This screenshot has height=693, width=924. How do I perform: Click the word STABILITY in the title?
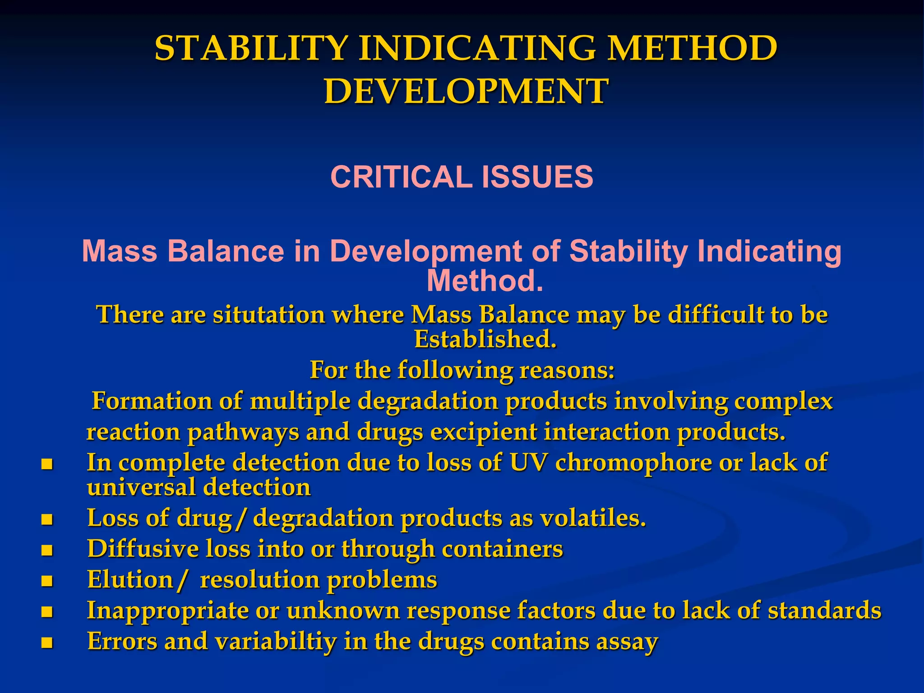point(251,48)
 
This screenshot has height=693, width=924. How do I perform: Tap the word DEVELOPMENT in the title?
point(466,92)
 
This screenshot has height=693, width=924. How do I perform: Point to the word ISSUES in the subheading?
point(537,177)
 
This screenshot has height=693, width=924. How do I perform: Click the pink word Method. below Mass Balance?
point(485,281)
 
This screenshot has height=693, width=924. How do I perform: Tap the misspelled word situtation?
point(269,314)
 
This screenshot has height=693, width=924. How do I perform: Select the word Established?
point(485,339)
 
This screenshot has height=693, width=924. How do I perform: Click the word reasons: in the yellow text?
point(567,370)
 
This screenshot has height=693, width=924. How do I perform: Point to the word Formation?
point(152,401)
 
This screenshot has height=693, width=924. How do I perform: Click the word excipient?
point(483,432)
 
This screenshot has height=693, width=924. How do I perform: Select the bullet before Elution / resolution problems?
point(47,581)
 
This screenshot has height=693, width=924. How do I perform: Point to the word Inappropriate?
point(167,611)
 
